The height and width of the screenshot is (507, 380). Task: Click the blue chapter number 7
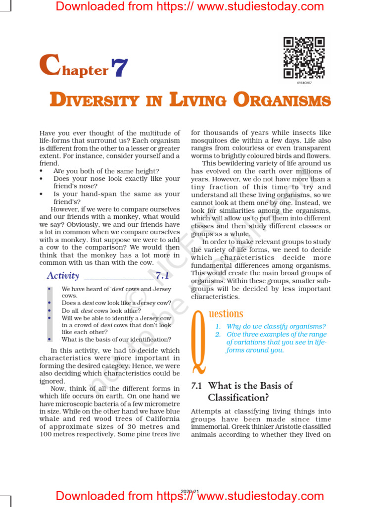(x=119, y=68)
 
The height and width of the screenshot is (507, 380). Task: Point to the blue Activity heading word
(x=63, y=276)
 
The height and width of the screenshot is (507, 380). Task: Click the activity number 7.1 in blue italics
(x=163, y=276)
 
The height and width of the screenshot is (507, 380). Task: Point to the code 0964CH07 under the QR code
(x=304, y=83)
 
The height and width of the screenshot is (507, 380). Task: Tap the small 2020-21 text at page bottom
(x=190, y=491)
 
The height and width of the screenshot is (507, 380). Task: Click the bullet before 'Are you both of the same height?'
(x=42, y=171)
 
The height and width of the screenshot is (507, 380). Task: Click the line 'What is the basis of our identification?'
(x=116, y=340)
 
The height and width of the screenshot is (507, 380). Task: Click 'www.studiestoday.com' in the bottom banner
(x=261, y=496)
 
